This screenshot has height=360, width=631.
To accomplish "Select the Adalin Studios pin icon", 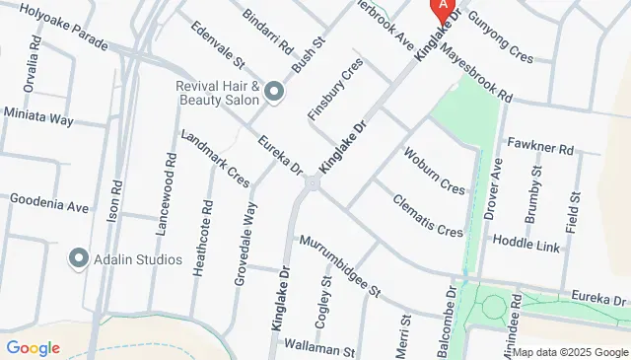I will [x=78, y=259].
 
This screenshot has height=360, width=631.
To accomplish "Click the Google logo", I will [x=33, y=347].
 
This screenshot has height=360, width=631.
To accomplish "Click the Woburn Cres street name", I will [x=434, y=171].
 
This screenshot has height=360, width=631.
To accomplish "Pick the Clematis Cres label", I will [x=427, y=217].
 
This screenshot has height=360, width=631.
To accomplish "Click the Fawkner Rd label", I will [x=539, y=148].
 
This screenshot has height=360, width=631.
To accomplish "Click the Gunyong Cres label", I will [x=501, y=36].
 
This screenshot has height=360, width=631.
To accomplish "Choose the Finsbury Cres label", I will [x=336, y=89].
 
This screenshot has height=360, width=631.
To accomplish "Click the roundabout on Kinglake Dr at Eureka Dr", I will [x=313, y=182].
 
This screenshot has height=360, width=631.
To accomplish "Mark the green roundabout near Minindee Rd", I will [x=493, y=306].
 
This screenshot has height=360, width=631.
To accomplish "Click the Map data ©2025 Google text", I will [x=569, y=352].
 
